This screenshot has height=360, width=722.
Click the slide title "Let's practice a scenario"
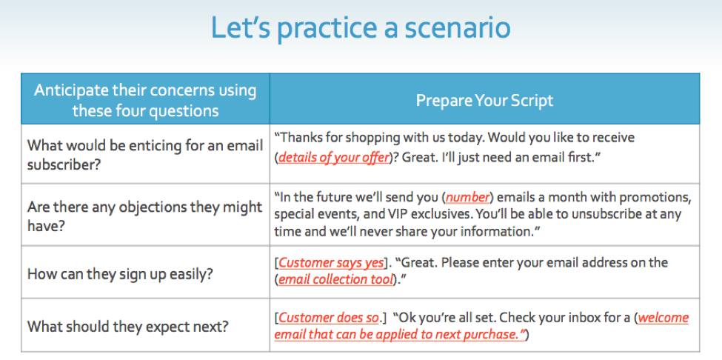361,28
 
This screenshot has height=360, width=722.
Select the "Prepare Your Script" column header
484,100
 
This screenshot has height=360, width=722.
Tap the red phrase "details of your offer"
334,158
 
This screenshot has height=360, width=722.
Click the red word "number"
467,198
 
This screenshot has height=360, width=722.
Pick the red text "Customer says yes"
331,263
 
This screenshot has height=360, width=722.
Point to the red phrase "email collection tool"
336,279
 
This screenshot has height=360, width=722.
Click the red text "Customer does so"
329,318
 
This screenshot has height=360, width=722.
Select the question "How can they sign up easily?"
120,274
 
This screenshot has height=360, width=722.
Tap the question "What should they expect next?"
128,327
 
